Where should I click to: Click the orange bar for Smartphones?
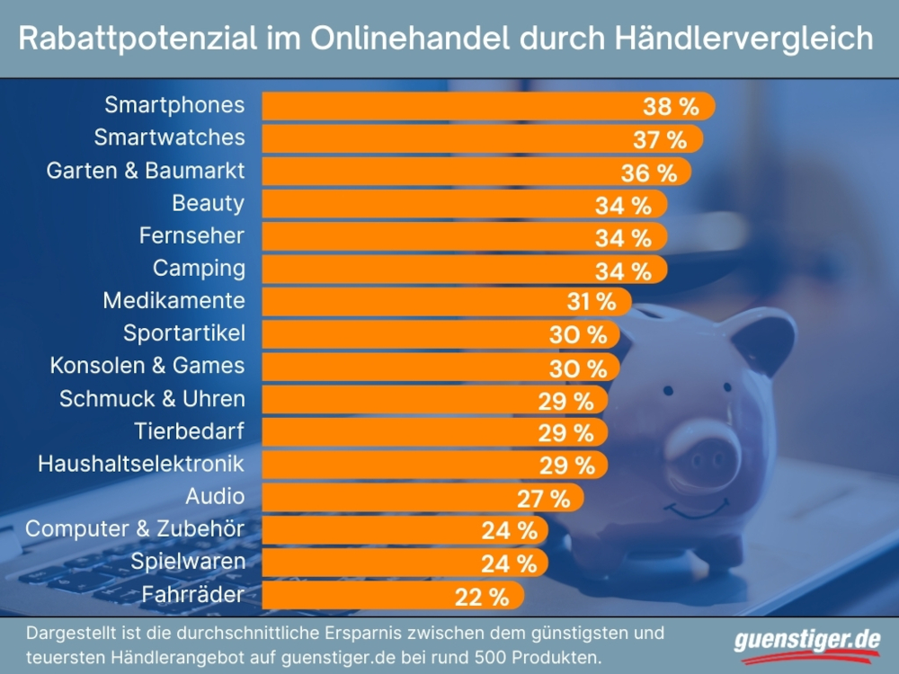tap(449, 105)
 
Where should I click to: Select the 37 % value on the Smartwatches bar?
tap(659, 139)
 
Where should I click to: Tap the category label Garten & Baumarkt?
tap(146, 170)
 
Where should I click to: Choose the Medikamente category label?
tap(174, 299)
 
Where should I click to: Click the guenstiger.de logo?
tap(806, 642)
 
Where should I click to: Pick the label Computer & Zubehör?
tap(135, 528)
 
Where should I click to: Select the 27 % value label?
tap(543, 498)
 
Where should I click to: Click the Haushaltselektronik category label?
tap(141, 464)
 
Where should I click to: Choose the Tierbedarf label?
tap(189, 430)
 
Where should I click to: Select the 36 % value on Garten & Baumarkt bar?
tap(647, 173)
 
